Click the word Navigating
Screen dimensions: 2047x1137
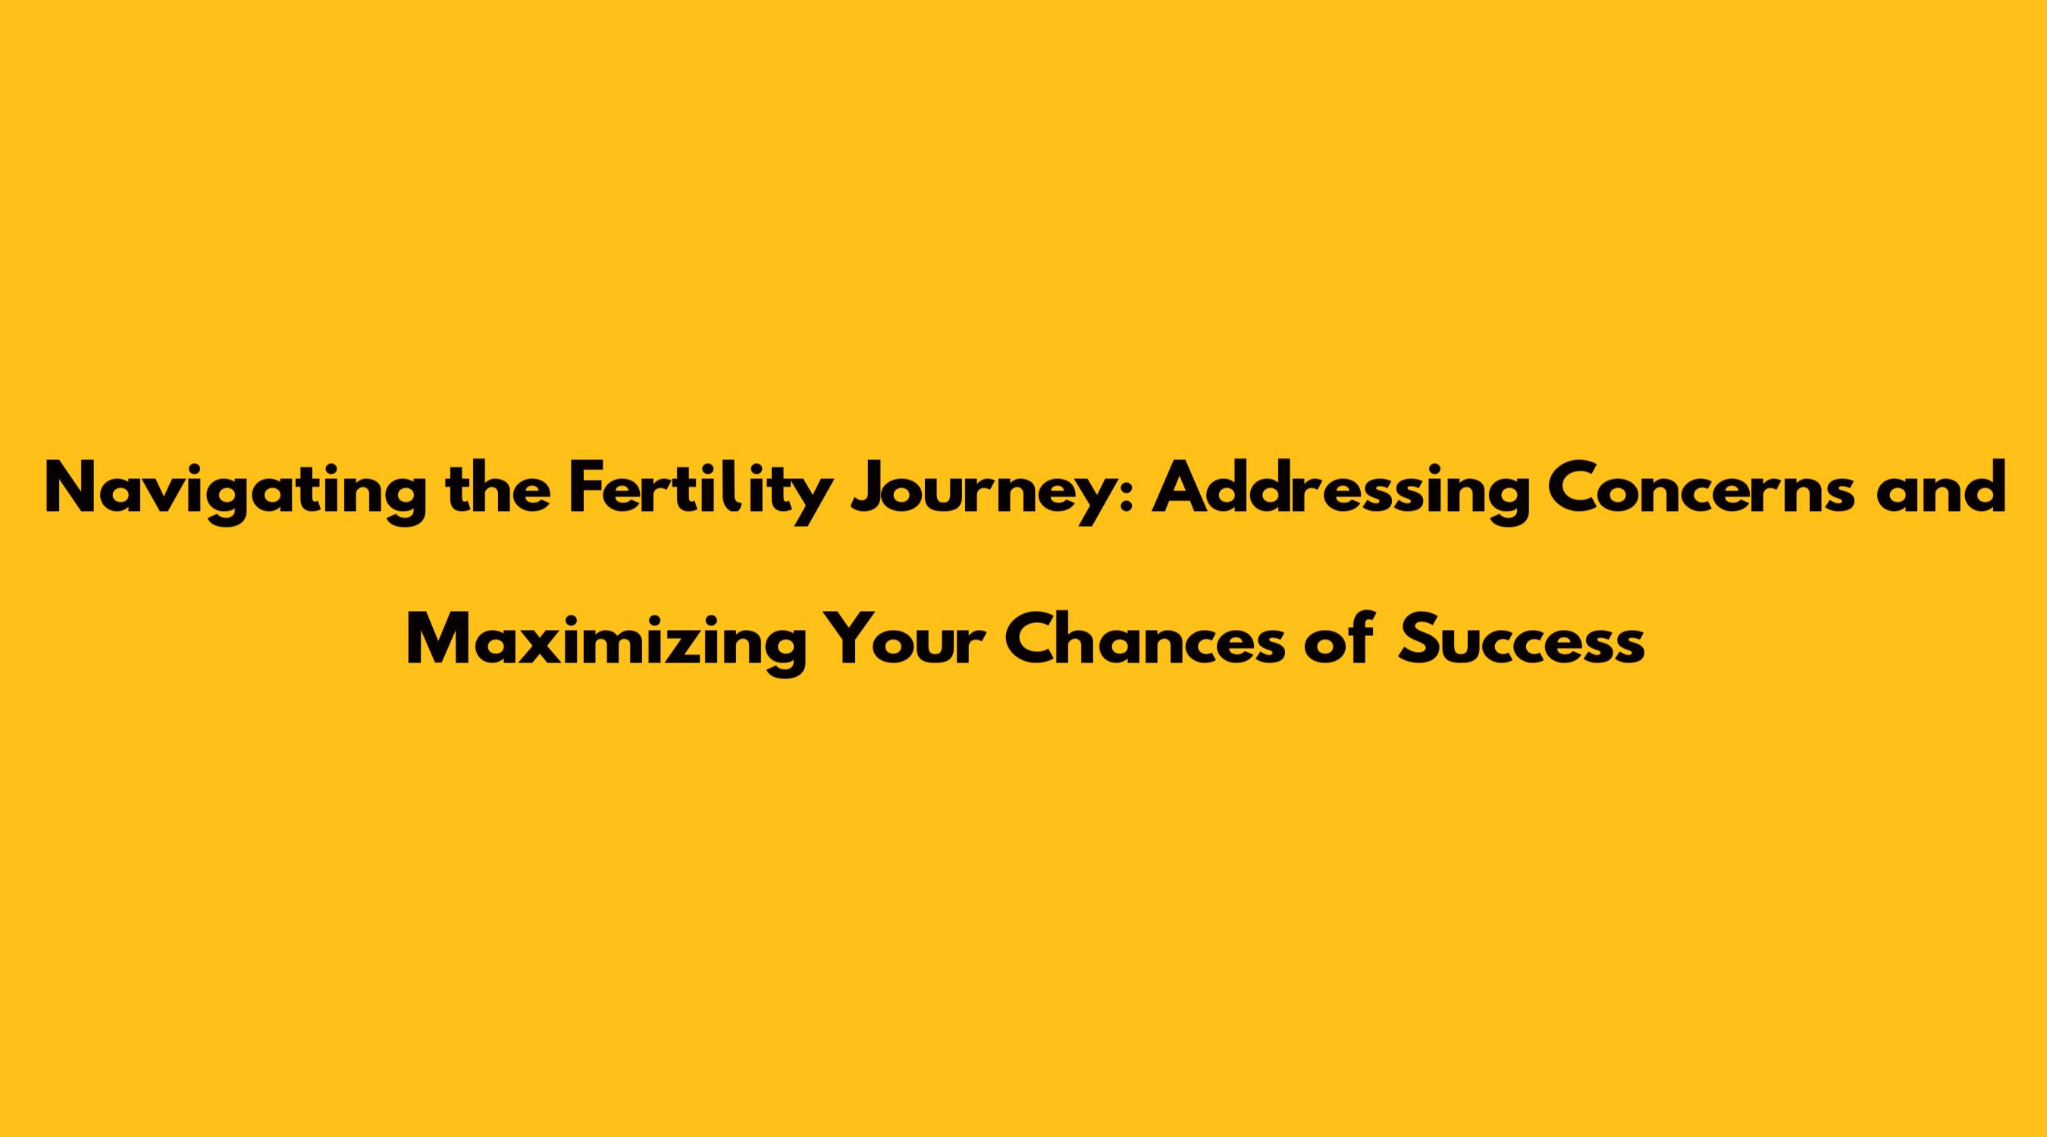click(x=234, y=493)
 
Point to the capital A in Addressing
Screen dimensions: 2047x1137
click(x=1183, y=488)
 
